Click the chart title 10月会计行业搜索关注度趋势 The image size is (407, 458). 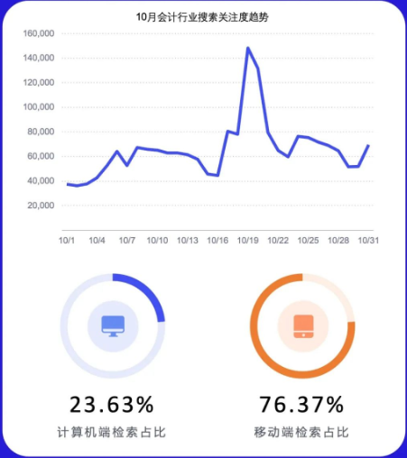[203, 15]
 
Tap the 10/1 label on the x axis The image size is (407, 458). [67, 241]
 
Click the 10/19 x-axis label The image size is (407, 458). [248, 241]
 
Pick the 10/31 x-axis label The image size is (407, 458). [368, 241]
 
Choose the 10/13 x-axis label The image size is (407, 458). [188, 241]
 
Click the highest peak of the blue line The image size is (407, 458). [247, 48]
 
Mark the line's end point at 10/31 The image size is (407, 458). [368, 145]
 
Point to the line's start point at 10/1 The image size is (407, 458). [67, 184]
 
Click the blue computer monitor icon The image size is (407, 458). [113, 325]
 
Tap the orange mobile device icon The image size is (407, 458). [302, 325]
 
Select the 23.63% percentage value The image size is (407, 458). [112, 404]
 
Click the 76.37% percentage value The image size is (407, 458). [301, 404]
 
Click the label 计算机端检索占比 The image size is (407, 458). [112, 433]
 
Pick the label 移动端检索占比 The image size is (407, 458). [301, 433]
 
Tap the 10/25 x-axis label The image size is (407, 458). [308, 241]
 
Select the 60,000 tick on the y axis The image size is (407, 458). [40, 156]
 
